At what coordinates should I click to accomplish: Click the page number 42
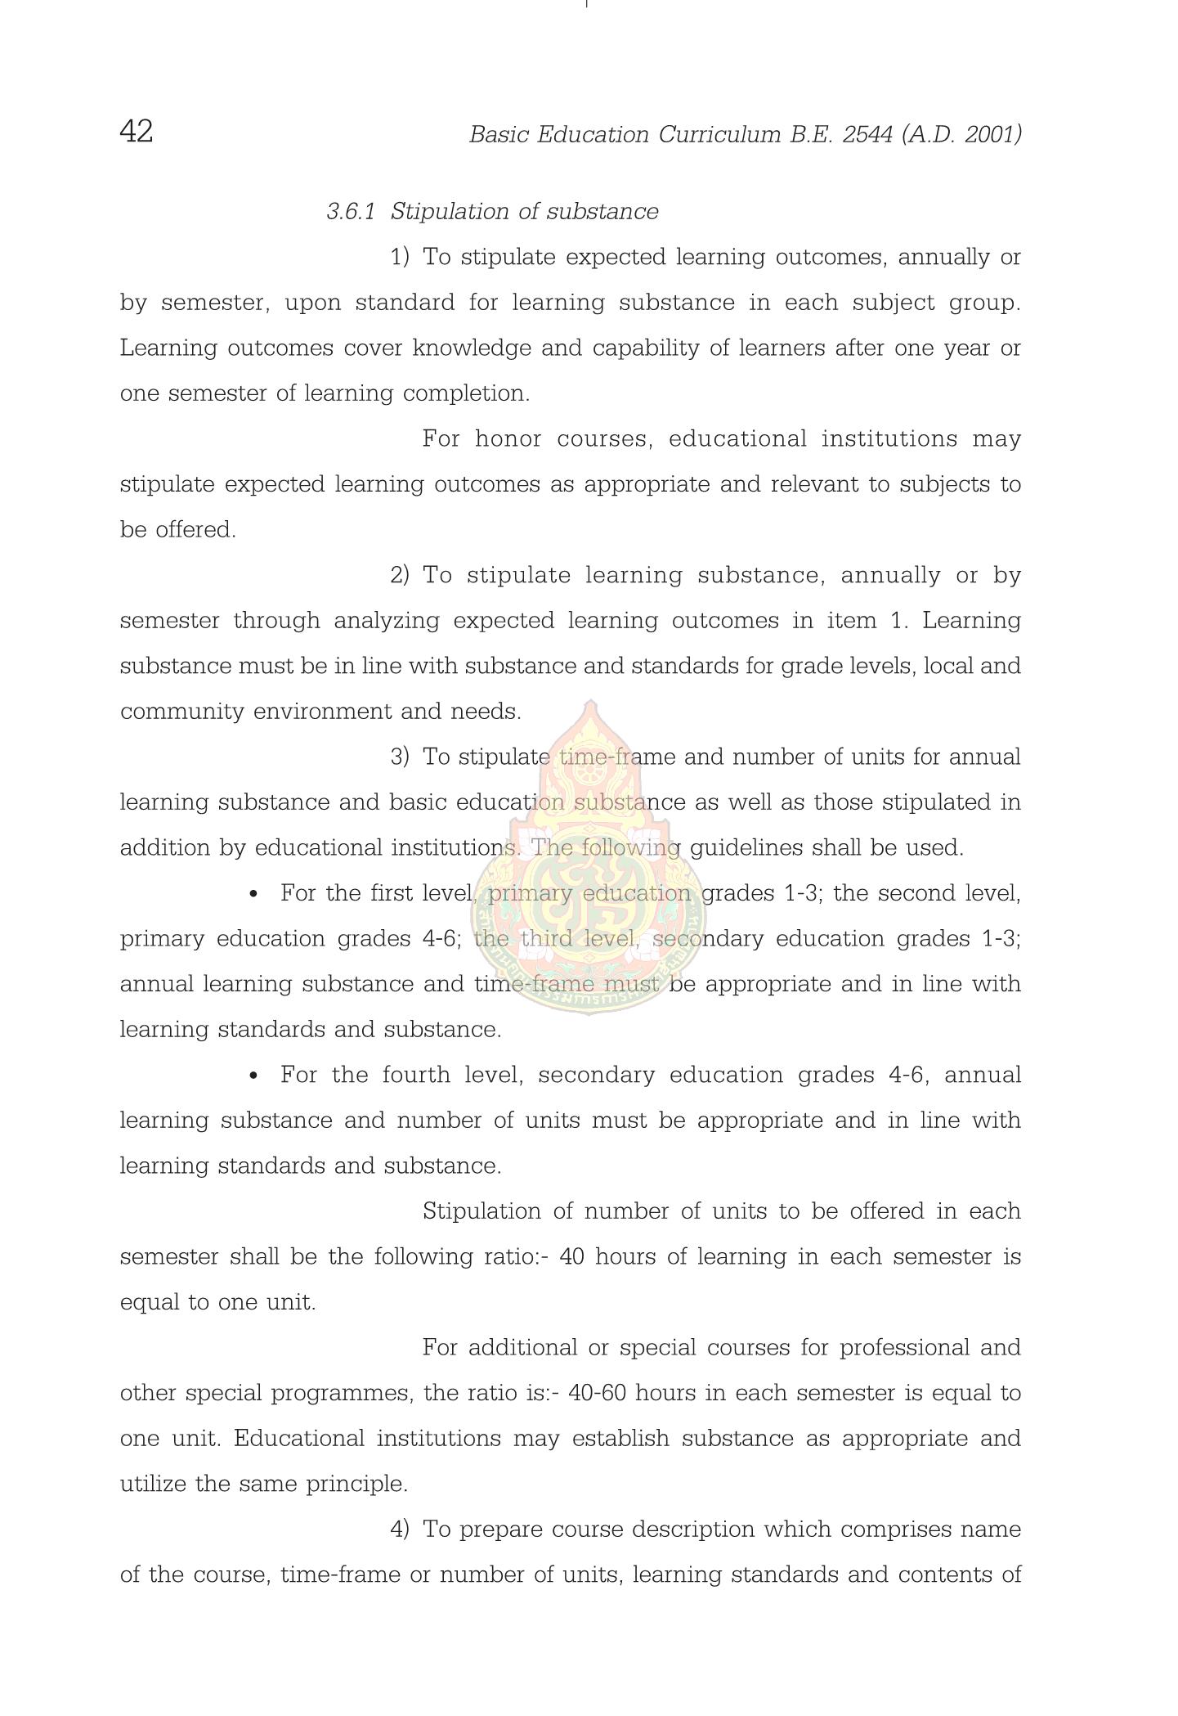click(x=137, y=131)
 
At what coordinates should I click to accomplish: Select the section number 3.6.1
click(x=351, y=212)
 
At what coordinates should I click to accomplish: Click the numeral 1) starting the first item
click(x=400, y=258)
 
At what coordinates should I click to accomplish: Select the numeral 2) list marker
click(x=400, y=576)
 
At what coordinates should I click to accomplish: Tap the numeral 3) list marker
click(x=400, y=757)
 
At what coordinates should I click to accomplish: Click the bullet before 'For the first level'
click(x=253, y=895)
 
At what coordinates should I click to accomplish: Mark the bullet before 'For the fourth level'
click(x=253, y=1076)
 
